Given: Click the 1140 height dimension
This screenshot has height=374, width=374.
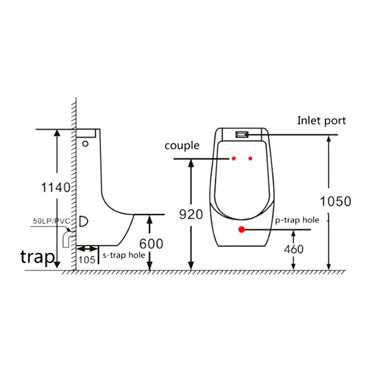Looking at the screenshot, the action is (56, 188).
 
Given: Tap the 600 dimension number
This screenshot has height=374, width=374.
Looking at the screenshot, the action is (151, 244).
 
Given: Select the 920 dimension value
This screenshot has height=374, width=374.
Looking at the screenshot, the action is (191, 214).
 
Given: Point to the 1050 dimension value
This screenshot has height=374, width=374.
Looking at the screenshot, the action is (335, 201).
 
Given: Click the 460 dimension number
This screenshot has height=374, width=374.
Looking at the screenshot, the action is (294, 249).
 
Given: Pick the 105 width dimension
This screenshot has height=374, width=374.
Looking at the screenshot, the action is (87, 260).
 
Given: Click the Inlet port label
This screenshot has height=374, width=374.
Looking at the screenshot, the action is (321, 121).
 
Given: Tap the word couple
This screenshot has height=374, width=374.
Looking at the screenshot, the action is (182, 146).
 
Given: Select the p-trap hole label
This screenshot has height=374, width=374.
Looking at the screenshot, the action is (297, 220).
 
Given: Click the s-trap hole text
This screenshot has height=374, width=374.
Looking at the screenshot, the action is (124, 255).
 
